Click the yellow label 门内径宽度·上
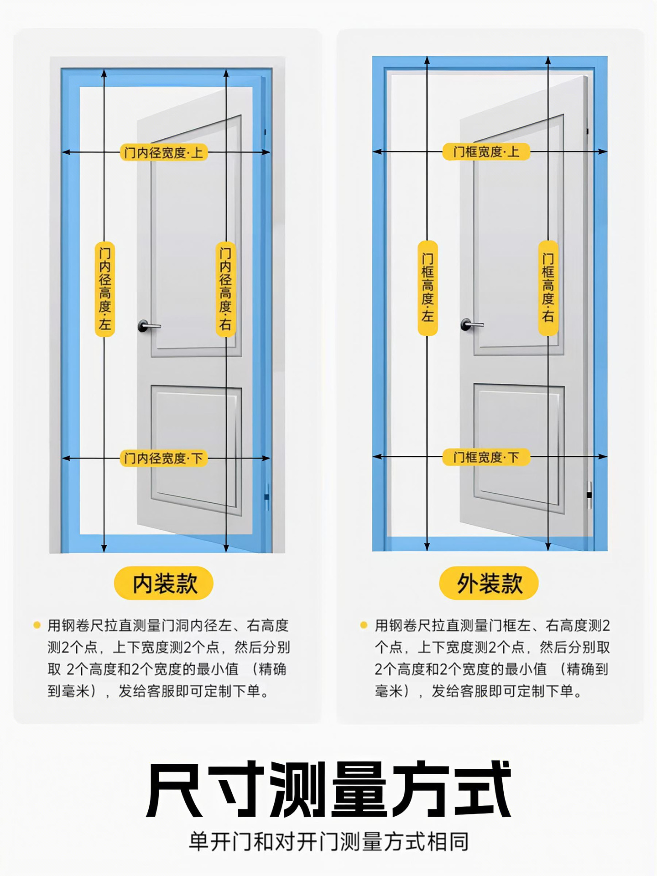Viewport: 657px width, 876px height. click(x=164, y=152)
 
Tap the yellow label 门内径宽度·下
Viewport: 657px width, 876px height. click(x=164, y=458)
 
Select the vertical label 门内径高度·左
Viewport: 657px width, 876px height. click(x=104, y=289)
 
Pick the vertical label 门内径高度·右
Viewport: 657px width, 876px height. click(x=225, y=289)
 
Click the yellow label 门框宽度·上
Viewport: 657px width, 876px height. click(x=486, y=151)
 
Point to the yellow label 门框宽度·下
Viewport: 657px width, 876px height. click(x=486, y=457)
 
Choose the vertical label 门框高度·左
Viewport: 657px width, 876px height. click(x=428, y=288)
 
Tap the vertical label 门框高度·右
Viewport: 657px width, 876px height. click(x=548, y=288)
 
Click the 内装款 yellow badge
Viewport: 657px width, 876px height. click(x=164, y=583)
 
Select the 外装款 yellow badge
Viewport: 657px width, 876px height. click(x=489, y=583)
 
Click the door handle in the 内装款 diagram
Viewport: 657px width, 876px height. click(x=147, y=326)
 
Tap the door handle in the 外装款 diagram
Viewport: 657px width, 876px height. click(x=470, y=324)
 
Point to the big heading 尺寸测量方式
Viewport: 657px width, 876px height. click(x=328, y=789)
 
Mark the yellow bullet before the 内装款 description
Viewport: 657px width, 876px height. click(x=37, y=625)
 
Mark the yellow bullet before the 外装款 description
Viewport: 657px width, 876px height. click(x=364, y=625)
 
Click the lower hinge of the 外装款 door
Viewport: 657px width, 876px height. click(x=589, y=495)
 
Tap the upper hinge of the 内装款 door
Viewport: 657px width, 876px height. click(x=265, y=132)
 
